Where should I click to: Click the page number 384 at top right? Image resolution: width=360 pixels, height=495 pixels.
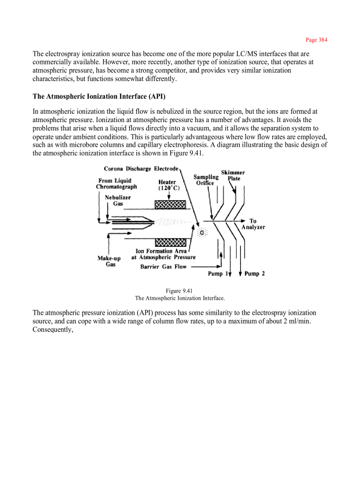coord(316,40)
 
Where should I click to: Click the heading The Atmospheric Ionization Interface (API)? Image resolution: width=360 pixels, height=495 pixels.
coord(99,97)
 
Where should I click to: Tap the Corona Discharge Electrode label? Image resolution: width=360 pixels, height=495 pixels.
coord(141,169)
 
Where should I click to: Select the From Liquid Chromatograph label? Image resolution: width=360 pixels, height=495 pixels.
coord(116,184)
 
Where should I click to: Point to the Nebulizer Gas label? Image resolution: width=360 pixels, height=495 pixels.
coord(118,201)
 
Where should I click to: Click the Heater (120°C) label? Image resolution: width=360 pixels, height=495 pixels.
coord(167,185)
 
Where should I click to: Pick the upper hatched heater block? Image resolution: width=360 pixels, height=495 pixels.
coord(170,205)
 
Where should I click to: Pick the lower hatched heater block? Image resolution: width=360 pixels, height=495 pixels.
coord(170,243)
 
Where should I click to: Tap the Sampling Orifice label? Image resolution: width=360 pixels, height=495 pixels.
coord(206,180)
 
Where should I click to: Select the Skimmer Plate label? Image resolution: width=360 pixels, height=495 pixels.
coord(233,175)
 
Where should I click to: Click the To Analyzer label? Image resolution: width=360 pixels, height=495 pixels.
coord(253,224)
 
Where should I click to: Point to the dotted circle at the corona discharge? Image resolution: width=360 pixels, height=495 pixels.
coord(202,232)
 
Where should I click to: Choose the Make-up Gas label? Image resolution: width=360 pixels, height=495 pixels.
coord(109,261)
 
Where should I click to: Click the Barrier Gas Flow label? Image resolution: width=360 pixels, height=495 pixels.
coord(163,267)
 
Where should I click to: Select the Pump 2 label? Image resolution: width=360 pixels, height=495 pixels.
coord(255,274)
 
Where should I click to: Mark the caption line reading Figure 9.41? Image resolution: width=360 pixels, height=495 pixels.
coord(179,291)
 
